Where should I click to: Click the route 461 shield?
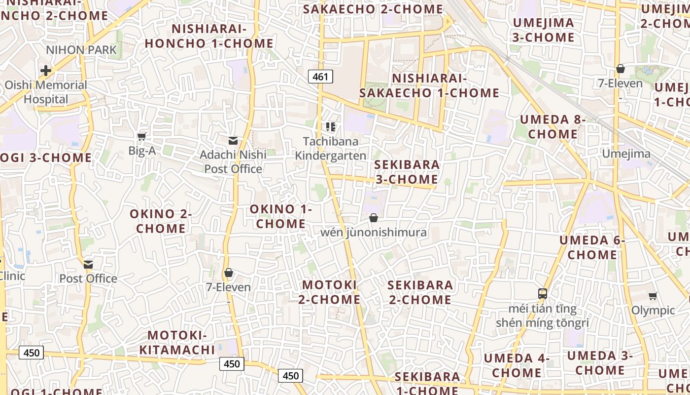pyautogui.click(x=320, y=77)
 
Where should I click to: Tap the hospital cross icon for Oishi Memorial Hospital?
pyautogui.click(x=46, y=71)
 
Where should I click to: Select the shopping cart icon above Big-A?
pyautogui.click(x=142, y=136)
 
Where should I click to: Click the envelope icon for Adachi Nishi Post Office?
pyautogui.click(x=233, y=141)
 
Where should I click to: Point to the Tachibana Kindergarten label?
pyautogui.click(x=331, y=149)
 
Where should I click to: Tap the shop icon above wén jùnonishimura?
pyautogui.click(x=374, y=218)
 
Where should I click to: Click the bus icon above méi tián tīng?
pyautogui.click(x=543, y=294)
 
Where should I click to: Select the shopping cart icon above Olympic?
pyautogui.click(x=653, y=296)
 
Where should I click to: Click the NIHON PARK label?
pyautogui.click(x=81, y=50)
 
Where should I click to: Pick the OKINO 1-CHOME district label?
pyautogui.click(x=281, y=216)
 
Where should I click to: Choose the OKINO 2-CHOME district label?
pyautogui.click(x=161, y=221)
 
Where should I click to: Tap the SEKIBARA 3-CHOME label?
pyautogui.click(x=407, y=172)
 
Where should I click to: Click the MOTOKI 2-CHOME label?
pyautogui.click(x=329, y=292)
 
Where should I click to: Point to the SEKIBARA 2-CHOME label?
pyautogui.click(x=420, y=292)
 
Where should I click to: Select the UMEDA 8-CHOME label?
pyautogui.click(x=553, y=127)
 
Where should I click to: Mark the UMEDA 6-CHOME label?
pyautogui.click(x=592, y=247)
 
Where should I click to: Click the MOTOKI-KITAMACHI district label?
pyautogui.click(x=177, y=343)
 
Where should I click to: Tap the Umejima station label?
pyautogui.click(x=626, y=154)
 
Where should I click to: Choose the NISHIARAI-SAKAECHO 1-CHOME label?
pyautogui.click(x=429, y=86)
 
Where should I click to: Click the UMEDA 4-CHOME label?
pyautogui.click(x=517, y=365)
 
